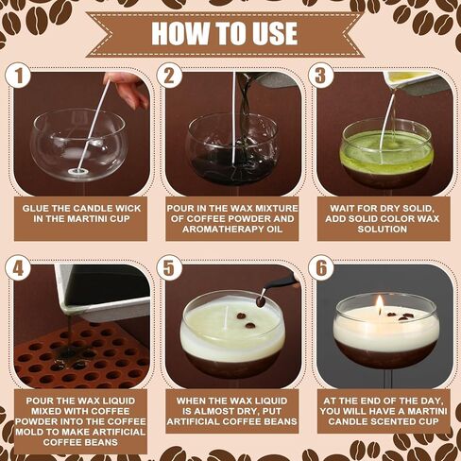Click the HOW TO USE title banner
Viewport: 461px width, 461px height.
pyautogui.click(x=230, y=33)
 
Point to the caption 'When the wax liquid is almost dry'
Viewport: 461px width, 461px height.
pyautogui.click(x=231, y=412)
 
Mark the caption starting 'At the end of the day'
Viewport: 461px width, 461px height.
pyautogui.click(x=383, y=412)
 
